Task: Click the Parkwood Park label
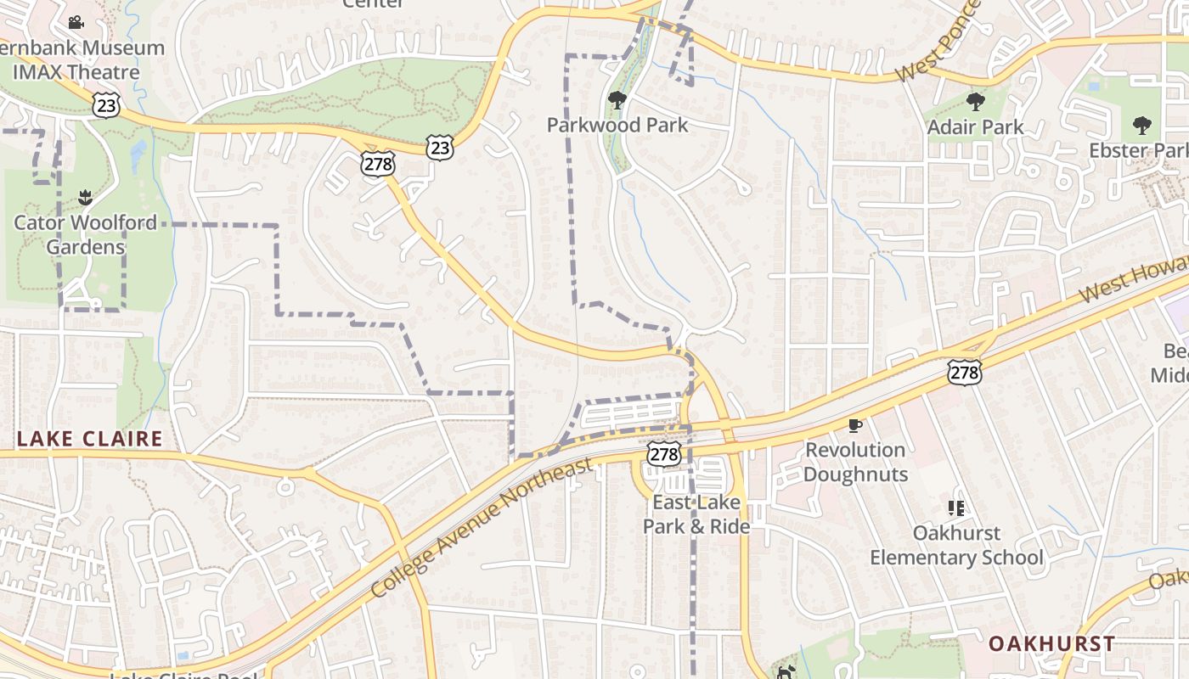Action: (617, 125)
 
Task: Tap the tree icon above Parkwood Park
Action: (617, 100)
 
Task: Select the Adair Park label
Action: (975, 127)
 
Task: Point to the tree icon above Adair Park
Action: (975, 103)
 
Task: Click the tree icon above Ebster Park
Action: (1142, 126)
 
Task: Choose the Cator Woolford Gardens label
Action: (85, 235)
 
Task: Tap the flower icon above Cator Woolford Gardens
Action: (85, 199)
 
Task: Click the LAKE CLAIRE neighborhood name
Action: (89, 439)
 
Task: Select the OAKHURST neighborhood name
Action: (1051, 643)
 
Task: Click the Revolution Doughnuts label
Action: (855, 462)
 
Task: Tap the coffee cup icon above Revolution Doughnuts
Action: (855, 425)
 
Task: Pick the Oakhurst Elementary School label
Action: (956, 545)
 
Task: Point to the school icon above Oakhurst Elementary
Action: (956, 508)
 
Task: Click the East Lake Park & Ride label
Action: (696, 514)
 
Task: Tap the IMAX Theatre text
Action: (76, 72)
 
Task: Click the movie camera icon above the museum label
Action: (76, 22)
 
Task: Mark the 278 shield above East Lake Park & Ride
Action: (664, 454)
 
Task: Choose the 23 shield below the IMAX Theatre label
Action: (107, 104)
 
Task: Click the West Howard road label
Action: (1134, 282)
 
